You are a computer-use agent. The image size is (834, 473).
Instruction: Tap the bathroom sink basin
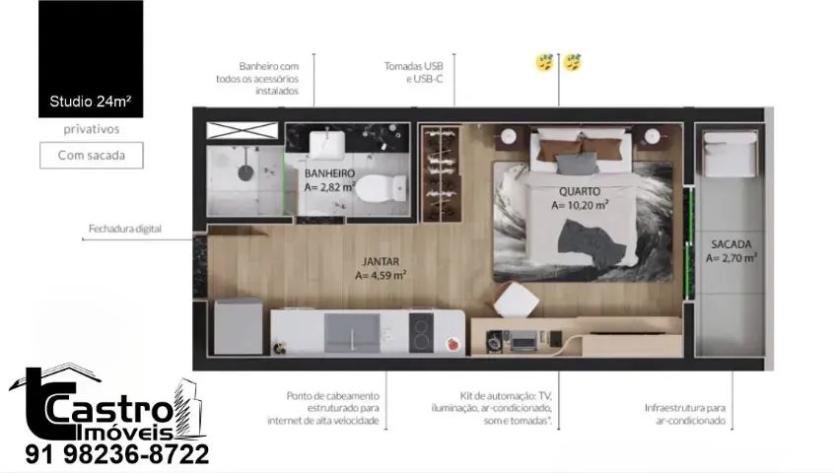(x=327, y=145)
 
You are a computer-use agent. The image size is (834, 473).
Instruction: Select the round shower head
(x=245, y=172)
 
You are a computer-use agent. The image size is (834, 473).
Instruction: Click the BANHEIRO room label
(x=330, y=173)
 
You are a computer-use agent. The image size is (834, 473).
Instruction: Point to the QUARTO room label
(x=580, y=191)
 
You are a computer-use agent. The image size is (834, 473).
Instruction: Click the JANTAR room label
(x=381, y=261)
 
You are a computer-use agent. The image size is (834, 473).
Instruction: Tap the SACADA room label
(x=731, y=244)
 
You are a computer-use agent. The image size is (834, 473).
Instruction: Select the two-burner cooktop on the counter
(x=421, y=333)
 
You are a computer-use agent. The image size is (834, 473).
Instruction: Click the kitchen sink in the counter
(x=352, y=333)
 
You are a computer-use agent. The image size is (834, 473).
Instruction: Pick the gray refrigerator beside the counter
(x=239, y=326)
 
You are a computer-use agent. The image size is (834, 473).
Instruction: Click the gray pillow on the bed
(x=577, y=165)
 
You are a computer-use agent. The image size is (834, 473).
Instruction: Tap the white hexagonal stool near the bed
(x=516, y=301)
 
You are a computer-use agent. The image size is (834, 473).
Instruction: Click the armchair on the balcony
(x=730, y=154)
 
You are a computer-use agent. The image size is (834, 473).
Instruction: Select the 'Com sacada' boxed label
(x=92, y=155)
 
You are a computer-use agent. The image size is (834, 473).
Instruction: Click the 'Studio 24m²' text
(x=91, y=101)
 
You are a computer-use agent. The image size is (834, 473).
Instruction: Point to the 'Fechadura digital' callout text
(x=125, y=229)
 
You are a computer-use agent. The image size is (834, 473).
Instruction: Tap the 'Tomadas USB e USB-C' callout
(x=414, y=73)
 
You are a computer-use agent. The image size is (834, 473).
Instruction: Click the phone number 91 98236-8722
(x=117, y=454)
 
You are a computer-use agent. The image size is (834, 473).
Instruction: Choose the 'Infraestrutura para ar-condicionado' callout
(x=685, y=414)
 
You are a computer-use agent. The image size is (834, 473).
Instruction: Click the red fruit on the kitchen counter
(x=453, y=344)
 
